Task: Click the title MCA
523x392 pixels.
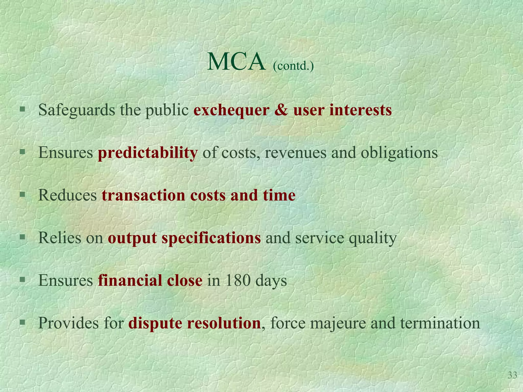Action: pos(236,62)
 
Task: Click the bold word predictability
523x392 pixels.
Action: pos(148,153)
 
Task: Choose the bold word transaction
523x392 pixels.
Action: pos(143,195)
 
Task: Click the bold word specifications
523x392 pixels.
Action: pos(211,238)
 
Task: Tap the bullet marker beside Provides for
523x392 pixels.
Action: pos(22,322)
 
